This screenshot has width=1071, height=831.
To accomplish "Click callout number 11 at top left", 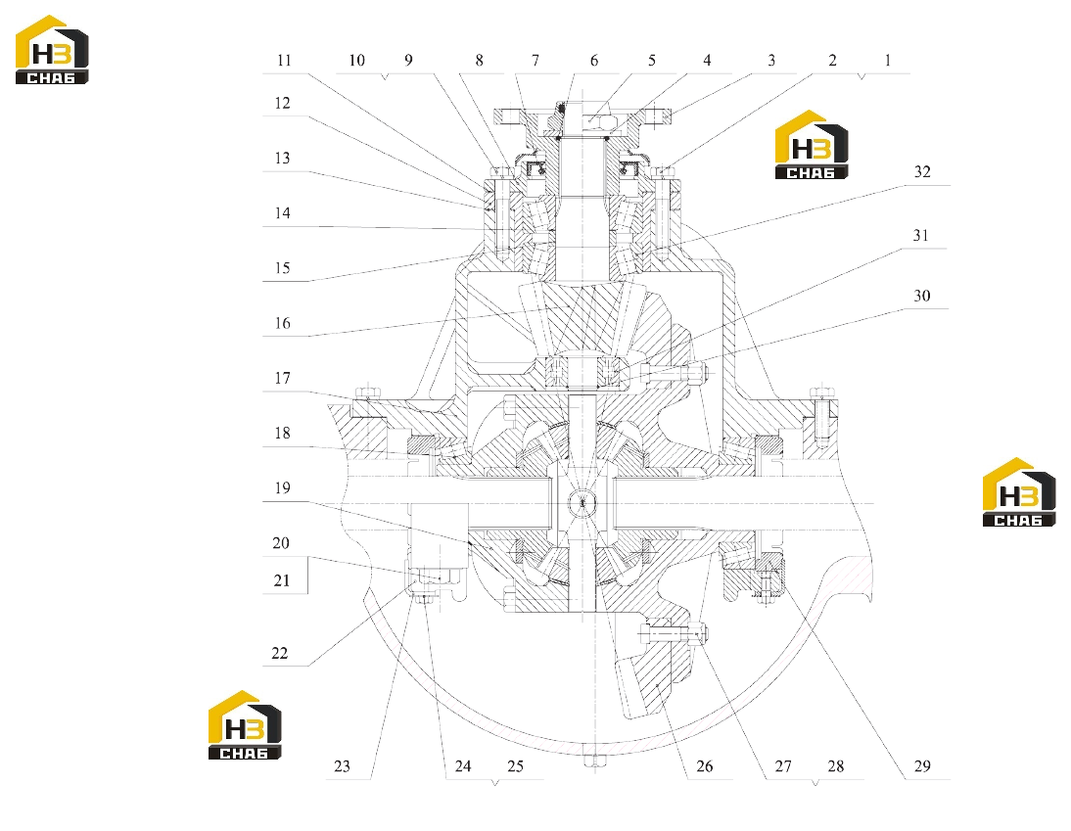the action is [284, 61].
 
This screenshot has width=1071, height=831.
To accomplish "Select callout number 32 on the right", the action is [922, 172].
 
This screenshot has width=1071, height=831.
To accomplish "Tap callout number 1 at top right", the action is [888, 61].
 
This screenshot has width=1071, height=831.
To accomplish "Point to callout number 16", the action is [283, 323].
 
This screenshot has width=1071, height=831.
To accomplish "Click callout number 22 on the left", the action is [280, 654].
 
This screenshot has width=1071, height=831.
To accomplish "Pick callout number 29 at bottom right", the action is [922, 766].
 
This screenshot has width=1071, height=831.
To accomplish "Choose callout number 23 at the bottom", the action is [343, 766].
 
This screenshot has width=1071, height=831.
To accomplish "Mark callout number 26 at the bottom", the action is [704, 766].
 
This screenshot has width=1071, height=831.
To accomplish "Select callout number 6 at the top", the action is [594, 61].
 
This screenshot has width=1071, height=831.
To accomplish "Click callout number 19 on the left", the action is [283, 488].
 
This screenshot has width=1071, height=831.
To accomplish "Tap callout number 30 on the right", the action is [922, 297].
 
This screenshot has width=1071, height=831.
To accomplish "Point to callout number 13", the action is [283, 159].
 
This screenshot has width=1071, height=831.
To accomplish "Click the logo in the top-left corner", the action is [52, 50].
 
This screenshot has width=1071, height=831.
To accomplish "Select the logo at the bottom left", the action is [245, 725].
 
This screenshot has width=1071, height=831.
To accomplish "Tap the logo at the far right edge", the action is [1019, 492].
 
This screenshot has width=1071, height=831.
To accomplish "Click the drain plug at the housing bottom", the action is [593, 762].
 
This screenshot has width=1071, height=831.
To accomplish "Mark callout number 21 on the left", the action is [282, 581].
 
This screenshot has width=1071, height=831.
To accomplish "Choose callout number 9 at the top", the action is [408, 61].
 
